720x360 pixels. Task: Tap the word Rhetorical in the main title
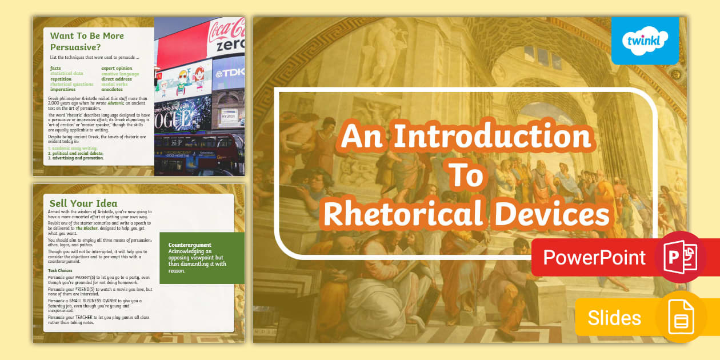click(401, 215)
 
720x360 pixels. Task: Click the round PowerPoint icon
click(679, 257)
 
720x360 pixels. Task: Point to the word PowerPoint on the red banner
click(594, 258)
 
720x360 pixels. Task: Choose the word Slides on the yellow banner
click(614, 318)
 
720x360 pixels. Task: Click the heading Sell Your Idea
click(83, 203)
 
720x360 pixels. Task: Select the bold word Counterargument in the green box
click(190, 245)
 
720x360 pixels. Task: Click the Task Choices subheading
click(60, 270)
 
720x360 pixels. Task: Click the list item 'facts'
click(55, 69)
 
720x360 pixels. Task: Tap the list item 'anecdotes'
click(112, 89)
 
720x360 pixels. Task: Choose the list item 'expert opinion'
click(117, 69)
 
